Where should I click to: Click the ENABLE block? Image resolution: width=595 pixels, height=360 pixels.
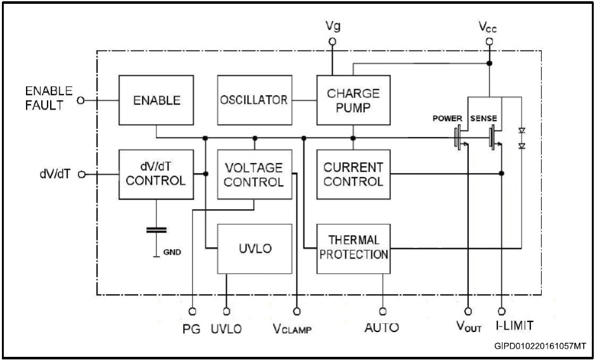(156, 100)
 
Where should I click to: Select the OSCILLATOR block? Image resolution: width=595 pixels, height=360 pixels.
(253, 100)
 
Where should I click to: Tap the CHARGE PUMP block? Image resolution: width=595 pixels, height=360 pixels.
(353, 100)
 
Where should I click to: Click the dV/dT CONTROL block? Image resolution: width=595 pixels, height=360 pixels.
(156, 174)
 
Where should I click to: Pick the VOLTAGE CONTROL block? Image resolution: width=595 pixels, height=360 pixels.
(254, 174)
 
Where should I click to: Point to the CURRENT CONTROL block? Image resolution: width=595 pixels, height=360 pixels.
(353, 174)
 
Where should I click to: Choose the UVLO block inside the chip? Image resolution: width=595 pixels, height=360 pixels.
(254, 248)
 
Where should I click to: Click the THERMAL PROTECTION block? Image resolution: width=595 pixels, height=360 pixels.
(353, 248)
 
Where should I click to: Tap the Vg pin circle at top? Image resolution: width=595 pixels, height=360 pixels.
(332, 42)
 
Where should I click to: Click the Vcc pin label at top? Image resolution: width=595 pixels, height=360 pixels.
(489, 28)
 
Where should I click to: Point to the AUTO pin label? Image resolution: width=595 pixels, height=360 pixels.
(381, 328)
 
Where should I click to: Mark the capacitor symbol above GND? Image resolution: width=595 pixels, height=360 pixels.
(156, 229)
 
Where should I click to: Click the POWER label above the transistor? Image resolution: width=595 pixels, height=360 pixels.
(448, 119)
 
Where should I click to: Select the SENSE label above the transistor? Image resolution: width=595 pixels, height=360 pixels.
(483, 119)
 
